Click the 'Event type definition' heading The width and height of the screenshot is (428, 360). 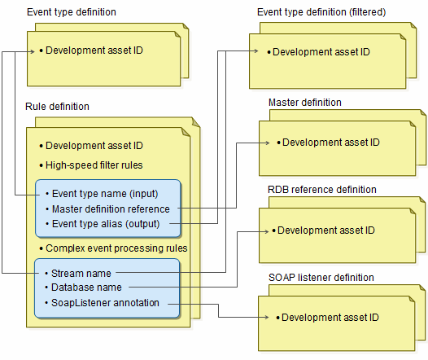pyautogui.click(x=72, y=12)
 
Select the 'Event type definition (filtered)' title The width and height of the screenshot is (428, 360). pyautogui.click(x=321, y=12)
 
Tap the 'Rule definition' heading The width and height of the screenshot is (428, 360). pyautogui.click(x=57, y=106)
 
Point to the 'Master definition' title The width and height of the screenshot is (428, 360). pyautogui.click(x=305, y=103)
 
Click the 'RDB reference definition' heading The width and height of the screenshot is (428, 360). pyautogui.click(x=322, y=190)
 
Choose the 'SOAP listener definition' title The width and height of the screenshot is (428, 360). pyautogui.click(x=321, y=278)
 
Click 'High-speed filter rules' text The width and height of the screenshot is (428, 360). pyautogui.click(x=94, y=165)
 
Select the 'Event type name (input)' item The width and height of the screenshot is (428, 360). pyautogui.click(x=105, y=194)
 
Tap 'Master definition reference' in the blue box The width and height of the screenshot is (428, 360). pyautogui.click(x=111, y=209)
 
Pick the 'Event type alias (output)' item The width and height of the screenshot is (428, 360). pyautogui.click(x=106, y=224)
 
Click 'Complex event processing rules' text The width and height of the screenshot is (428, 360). pyautogui.click(x=116, y=248)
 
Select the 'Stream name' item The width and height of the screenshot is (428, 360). pyautogui.click(x=81, y=273)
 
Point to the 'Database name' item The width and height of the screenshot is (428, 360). pyautogui.click(x=86, y=288)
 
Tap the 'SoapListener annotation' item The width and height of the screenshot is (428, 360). pyautogui.click(x=105, y=303)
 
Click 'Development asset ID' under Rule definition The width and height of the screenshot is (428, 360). pyautogui.click(x=94, y=146)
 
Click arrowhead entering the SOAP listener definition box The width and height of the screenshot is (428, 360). pyautogui.click(x=267, y=317)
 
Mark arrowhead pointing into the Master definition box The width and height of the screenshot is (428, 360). pyautogui.click(x=268, y=143)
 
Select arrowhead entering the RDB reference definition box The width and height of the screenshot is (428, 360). pyautogui.click(x=267, y=231)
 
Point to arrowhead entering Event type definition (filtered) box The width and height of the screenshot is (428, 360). pyautogui.click(x=256, y=50)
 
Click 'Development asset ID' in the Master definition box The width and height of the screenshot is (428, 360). pyautogui.click(x=331, y=143)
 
